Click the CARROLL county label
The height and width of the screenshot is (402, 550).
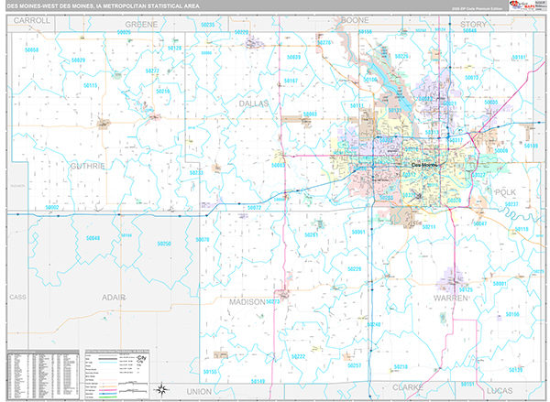pos(32,19)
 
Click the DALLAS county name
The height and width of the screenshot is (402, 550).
pos(254,103)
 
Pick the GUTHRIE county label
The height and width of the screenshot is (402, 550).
pos(87,166)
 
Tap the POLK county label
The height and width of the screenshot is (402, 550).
pos(505,191)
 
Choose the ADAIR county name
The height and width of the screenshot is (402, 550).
pos(114,298)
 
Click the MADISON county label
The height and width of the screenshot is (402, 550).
pos(247,301)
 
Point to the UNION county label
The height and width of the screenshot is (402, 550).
pos(198,391)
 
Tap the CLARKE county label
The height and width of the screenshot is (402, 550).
pos(408,387)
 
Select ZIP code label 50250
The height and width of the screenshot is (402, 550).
pos(164,244)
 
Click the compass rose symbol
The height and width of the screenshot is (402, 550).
pos(161,386)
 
